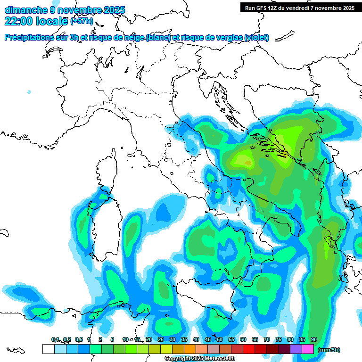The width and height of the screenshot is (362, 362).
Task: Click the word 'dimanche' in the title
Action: pos(25,10)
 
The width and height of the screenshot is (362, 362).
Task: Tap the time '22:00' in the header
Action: pos(18,21)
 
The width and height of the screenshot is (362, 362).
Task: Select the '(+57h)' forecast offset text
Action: pos(82,21)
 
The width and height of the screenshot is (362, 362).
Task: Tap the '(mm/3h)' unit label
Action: pos(329,350)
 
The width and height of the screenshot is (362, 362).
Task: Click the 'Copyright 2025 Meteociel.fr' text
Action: pos(200,359)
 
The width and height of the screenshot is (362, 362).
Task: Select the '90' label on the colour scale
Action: pos(313,340)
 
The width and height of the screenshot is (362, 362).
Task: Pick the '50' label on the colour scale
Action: pos(220,340)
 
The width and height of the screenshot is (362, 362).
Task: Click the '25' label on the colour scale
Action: pos(161,340)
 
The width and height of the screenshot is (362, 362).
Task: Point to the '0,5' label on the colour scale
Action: pos(78,340)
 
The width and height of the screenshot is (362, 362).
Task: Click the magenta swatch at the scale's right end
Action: pos(308,349)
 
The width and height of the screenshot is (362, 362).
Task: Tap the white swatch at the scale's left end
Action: pos(48,349)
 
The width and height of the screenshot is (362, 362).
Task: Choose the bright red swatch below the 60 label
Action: pos(249,349)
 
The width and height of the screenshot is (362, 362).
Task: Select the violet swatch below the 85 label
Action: pos(296,349)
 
